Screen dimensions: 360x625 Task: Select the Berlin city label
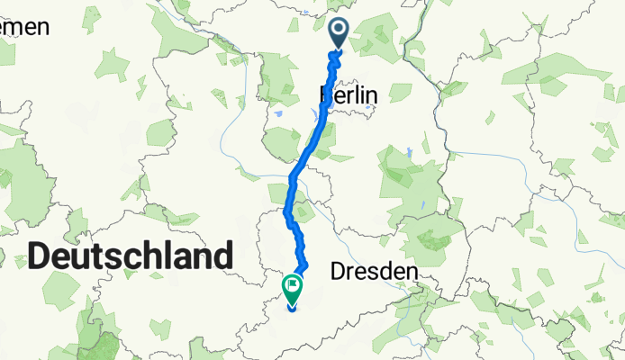[x=349, y=93]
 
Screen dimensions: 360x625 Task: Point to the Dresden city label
[x=376, y=271]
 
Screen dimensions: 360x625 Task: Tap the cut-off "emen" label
[x=24, y=28]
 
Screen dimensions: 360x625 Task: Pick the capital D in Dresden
[x=339, y=271]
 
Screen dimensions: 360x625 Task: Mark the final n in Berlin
[x=372, y=93]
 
